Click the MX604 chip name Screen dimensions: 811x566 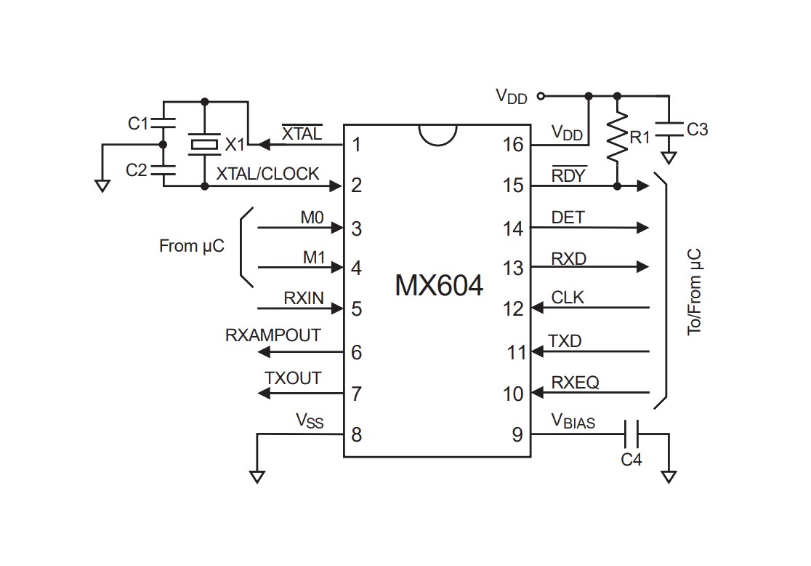tap(439, 285)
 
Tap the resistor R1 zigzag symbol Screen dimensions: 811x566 tap(617, 135)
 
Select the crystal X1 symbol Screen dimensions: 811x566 tap(205, 144)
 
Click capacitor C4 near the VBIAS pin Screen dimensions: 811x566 tap(632, 434)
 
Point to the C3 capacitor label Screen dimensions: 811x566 tap(697, 129)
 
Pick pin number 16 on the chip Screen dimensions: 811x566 tap(513, 145)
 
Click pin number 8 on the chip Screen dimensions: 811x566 tap(356, 434)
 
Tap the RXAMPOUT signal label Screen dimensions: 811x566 tap(273, 335)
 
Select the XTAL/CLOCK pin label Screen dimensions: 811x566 tap(267, 174)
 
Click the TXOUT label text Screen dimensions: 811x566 tap(293, 378)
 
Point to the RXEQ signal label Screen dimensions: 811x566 tap(575, 382)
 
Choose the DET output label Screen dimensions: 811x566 tap(568, 218)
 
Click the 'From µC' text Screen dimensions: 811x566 tap(191, 246)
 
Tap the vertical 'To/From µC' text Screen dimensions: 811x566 tap(694, 292)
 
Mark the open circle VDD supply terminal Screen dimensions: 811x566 tap(541, 96)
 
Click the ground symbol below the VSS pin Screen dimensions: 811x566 tap(257, 477)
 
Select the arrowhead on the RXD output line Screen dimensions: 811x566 tap(642, 267)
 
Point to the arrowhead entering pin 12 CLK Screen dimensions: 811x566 tap(537, 308)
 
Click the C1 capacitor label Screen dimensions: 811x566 tap(138, 124)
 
